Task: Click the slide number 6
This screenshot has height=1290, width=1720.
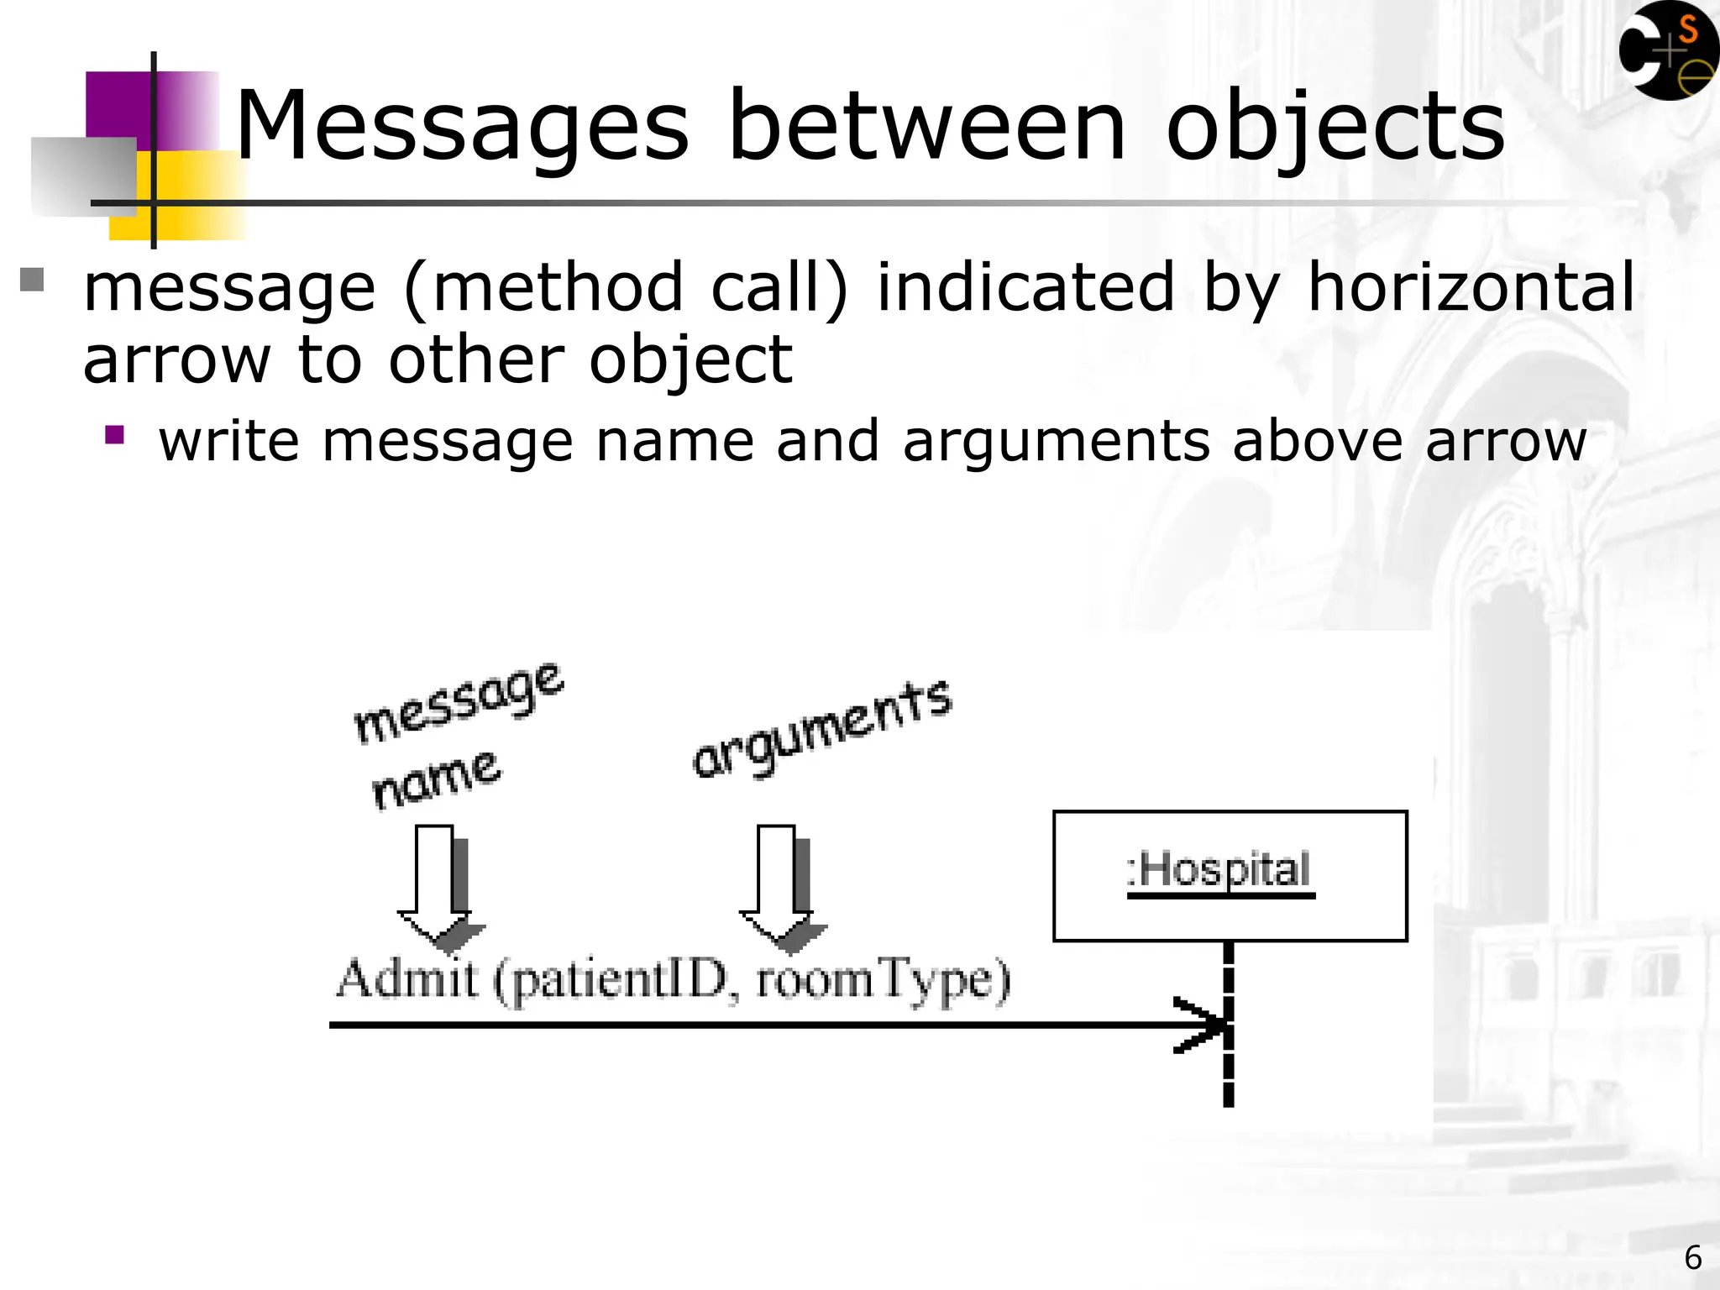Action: (x=1693, y=1258)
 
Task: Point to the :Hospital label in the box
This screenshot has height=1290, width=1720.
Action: (x=1220, y=870)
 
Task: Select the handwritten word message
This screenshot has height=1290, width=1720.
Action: (x=459, y=704)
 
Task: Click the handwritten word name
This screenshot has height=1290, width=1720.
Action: (x=437, y=780)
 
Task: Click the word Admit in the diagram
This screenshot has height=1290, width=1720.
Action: (x=407, y=979)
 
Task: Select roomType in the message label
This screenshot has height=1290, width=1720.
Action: (x=882, y=981)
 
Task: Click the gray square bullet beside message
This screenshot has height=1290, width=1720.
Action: (x=32, y=279)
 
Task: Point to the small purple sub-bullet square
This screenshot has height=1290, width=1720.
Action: (x=115, y=435)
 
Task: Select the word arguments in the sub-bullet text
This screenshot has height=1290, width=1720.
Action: (x=1057, y=442)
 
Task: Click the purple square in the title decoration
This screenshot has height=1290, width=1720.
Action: (x=118, y=105)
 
